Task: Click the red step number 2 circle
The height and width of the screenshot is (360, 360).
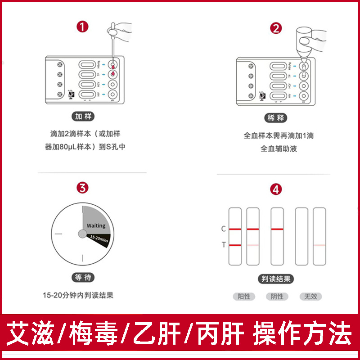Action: click(x=276, y=28)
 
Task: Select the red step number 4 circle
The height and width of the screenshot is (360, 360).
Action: click(x=276, y=189)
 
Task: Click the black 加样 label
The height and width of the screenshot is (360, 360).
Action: click(x=83, y=117)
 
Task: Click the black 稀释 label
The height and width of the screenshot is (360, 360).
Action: click(x=276, y=118)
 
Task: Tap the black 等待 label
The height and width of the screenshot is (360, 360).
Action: click(x=83, y=278)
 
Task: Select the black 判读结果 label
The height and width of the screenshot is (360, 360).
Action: click(x=276, y=279)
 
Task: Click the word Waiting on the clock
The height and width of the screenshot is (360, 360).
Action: click(x=96, y=225)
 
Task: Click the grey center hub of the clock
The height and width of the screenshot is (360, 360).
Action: click(x=82, y=234)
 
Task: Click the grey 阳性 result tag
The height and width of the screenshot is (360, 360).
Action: click(x=244, y=297)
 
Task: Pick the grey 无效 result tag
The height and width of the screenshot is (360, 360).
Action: click(x=311, y=297)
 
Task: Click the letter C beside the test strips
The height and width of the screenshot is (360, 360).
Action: click(x=224, y=229)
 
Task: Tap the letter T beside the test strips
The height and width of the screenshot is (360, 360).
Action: click(x=224, y=245)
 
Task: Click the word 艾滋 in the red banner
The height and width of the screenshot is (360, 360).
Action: click(x=31, y=335)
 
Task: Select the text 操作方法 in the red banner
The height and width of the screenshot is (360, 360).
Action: click(x=302, y=335)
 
